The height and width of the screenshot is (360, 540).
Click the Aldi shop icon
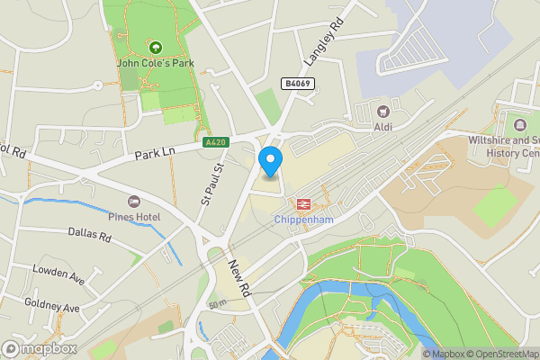(384, 112)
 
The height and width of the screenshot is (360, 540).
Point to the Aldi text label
(384, 127)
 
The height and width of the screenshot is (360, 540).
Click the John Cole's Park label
(155, 63)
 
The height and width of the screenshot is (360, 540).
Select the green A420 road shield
(216, 142)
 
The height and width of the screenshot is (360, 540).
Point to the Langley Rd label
(323, 44)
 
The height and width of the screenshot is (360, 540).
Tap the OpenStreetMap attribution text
(497, 354)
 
